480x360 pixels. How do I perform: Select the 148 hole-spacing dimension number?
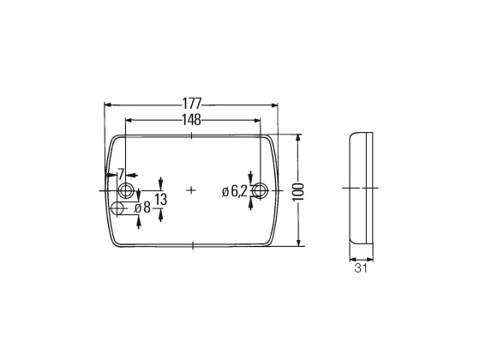pyautogui.click(x=191, y=120)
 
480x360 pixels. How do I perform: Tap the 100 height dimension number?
pyautogui.click(x=297, y=189)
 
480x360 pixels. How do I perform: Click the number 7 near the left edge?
pyautogui.click(x=121, y=175)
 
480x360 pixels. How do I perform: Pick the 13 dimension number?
pyautogui.click(x=161, y=199)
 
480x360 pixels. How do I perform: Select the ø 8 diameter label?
pyautogui.click(x=142, y=207)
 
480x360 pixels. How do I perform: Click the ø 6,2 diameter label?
pyautogui.click(x=234, y=191)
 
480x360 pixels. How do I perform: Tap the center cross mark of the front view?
pyautogui.click(x=191, y=189)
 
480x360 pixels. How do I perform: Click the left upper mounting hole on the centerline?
pyautogui.click(x=127, y=189)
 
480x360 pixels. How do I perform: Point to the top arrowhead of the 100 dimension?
pyautogui.click(x=297, y=137)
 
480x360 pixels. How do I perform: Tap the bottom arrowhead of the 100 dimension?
pyautogui.click(x=297, y=243)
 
